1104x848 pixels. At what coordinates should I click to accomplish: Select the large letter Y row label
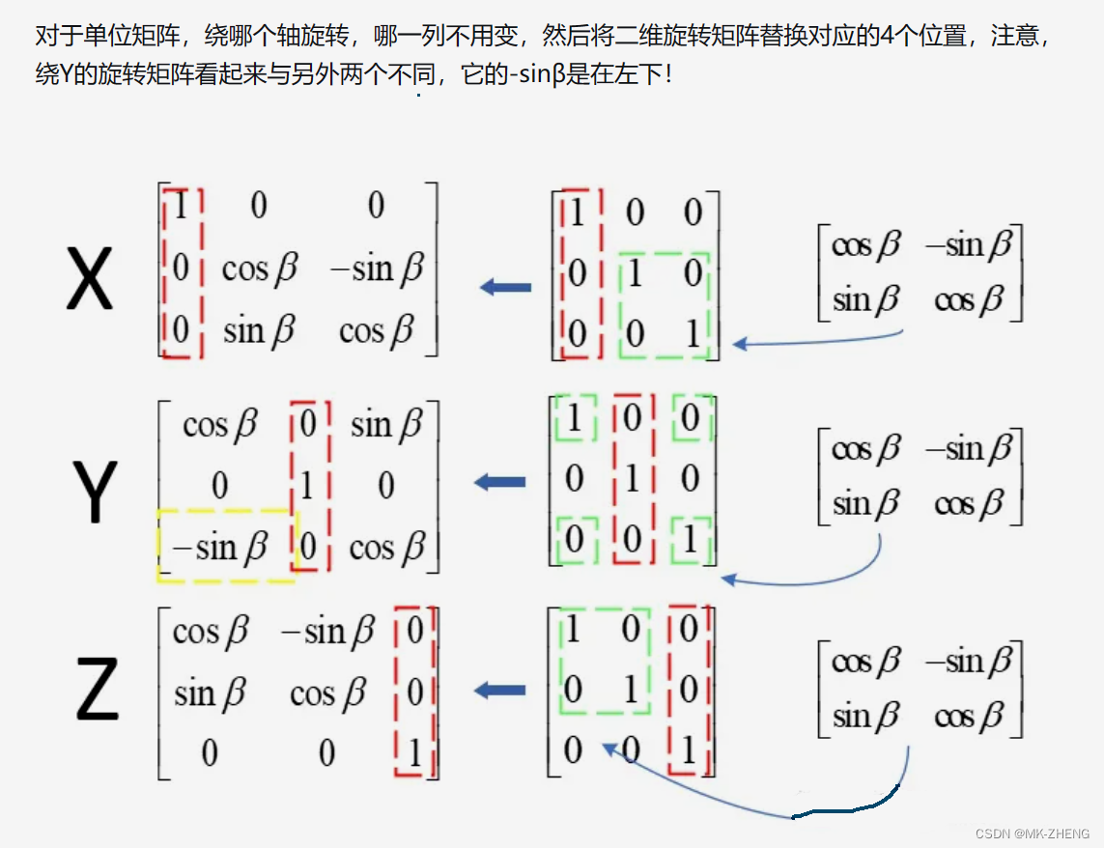pyautogui.click(x=95, y=492)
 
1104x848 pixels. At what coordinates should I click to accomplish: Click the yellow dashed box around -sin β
pyautogui.click(x=226, y=545)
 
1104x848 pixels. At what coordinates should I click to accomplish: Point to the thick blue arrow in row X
pyautogui.click(x=505, y=287)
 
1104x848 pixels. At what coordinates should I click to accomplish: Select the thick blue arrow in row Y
pyautogui.click(x=499, y=482)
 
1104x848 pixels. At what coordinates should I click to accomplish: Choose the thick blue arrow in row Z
pyautogui.click(x=499, y=690)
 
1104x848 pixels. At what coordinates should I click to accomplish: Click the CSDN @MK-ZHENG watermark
pyautogui.click(x=1032, y=834)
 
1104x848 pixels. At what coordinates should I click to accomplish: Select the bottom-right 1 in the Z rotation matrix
pyautogui.click(x=415, y=752)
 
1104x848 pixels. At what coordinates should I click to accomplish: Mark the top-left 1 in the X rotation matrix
pyautogui.click(x=180, y=206)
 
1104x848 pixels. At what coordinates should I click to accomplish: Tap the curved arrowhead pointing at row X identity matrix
pyautogui.click(x=740, y=343)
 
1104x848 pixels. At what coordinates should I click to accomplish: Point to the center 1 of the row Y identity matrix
pyautogui.click(x=632, y=477)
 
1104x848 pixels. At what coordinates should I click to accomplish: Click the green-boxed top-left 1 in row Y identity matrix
pyautogui.click(x=574, y=418)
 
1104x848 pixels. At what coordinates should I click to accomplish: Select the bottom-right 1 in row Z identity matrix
pyautogui.click(x=688, y=750)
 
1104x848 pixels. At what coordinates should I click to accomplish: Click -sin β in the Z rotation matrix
pyautogui.click(x=326, y=633)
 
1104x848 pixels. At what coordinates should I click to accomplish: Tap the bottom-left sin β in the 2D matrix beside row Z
pyautogui.click(x=865, y=717)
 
